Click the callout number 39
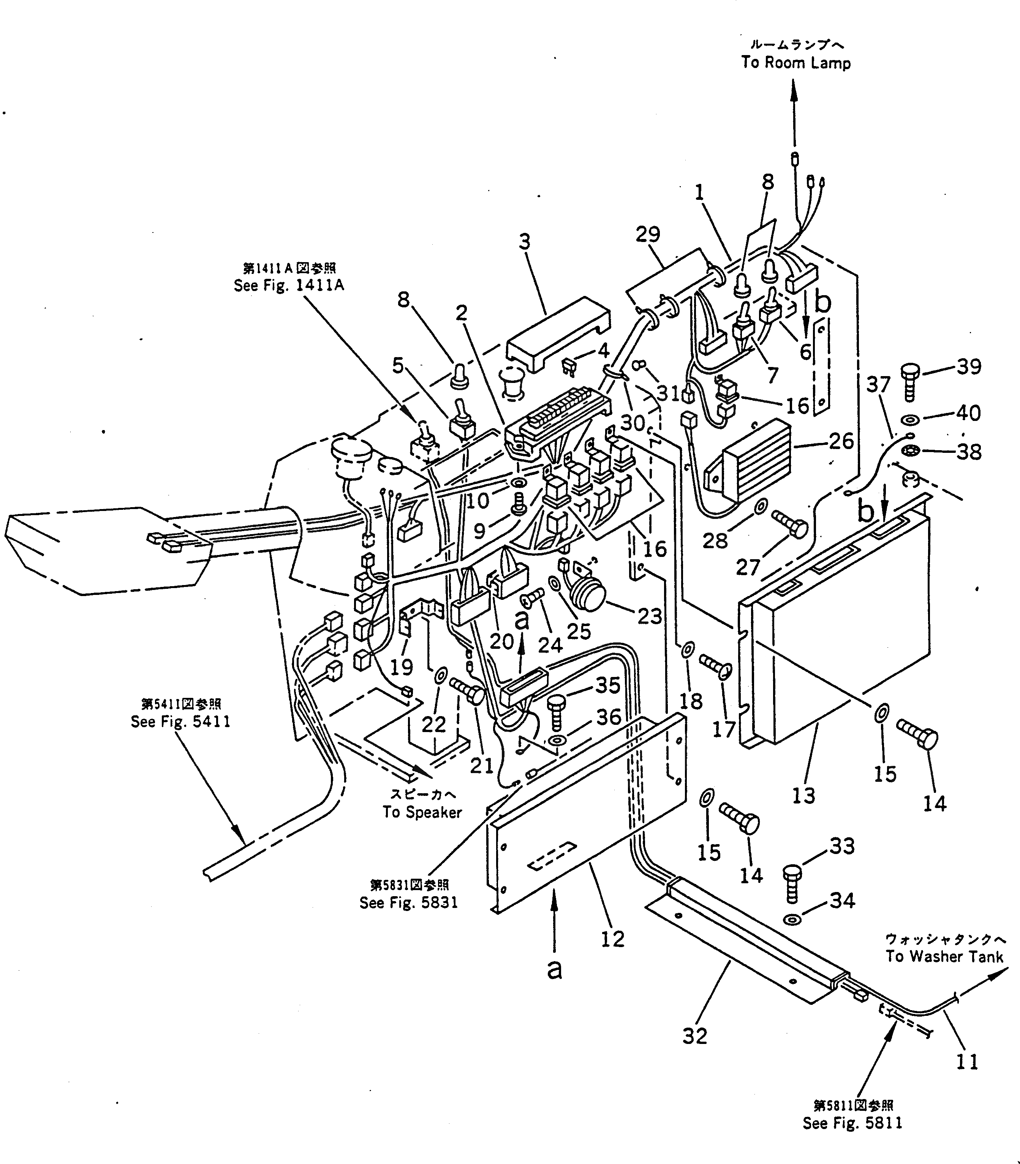click(x=969, y=367)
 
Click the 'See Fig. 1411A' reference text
click(x=289, y=285)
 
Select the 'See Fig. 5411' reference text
click(x=180, y=722)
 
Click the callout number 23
click(x=650, y=616)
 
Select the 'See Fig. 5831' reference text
click(x=409, y=903)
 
